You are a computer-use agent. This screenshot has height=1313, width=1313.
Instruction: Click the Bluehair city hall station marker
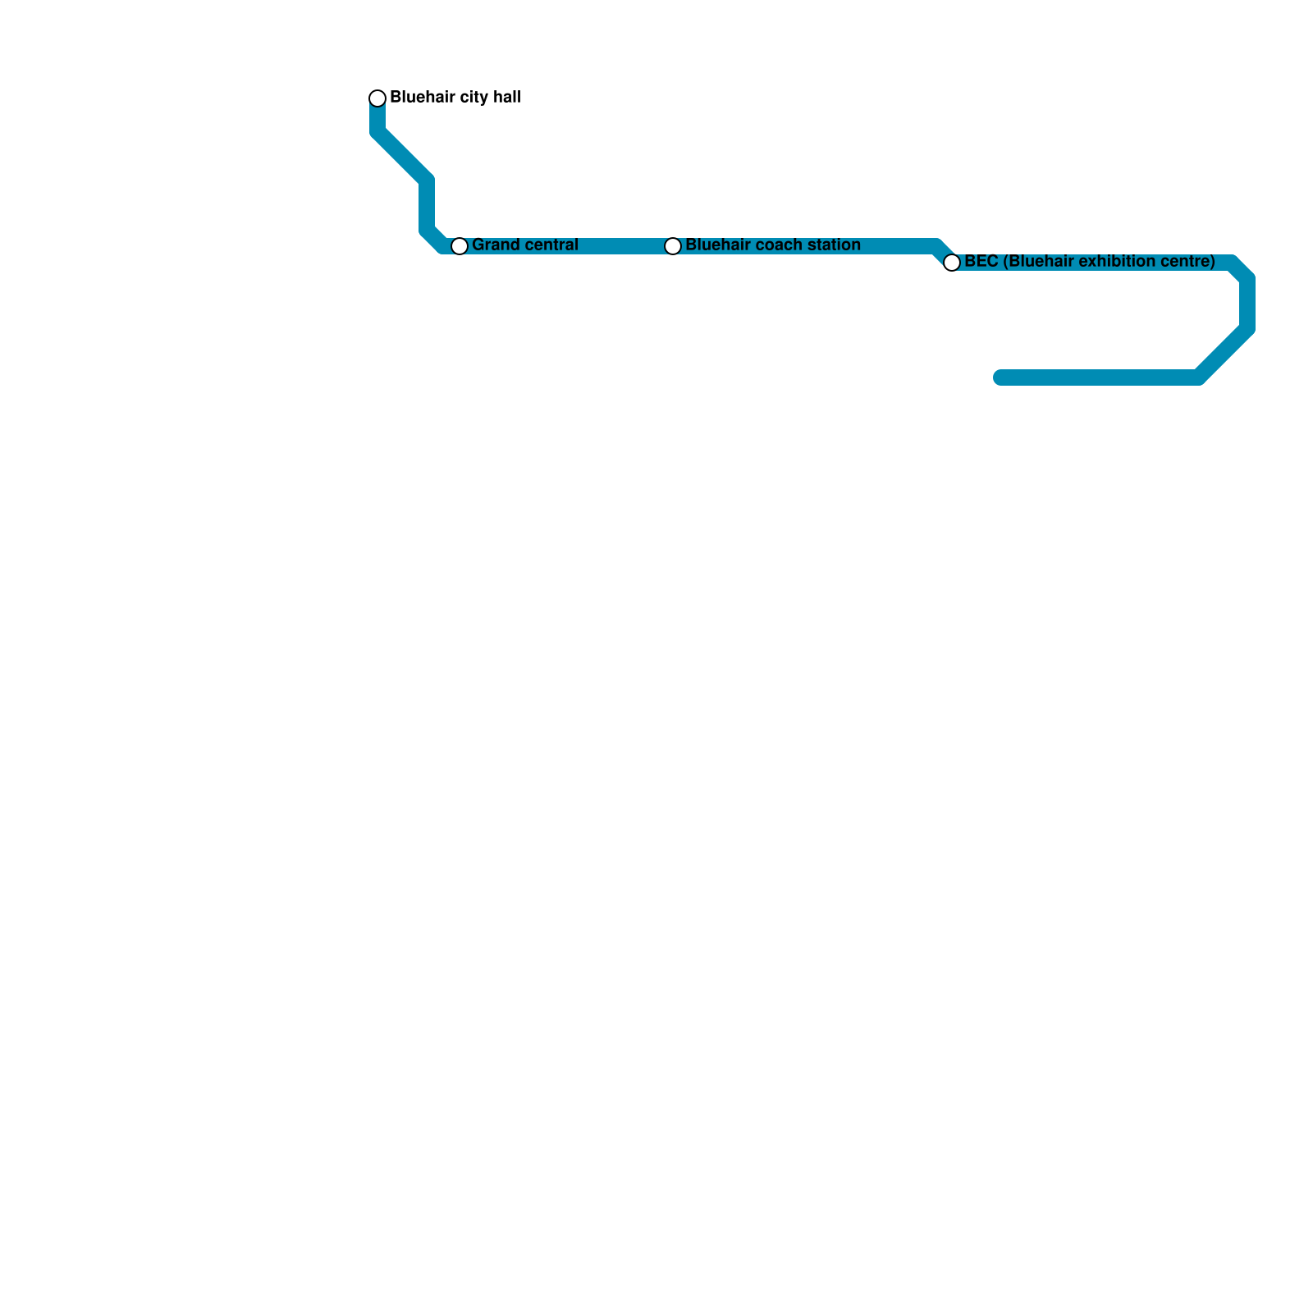(377, 98)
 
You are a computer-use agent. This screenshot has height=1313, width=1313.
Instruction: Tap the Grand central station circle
(460, 246)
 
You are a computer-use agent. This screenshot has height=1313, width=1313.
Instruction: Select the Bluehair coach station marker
(673, 246)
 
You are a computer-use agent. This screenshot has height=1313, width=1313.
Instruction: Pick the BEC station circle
(952, 263)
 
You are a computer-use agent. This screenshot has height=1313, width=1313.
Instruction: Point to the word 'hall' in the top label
(506, 98)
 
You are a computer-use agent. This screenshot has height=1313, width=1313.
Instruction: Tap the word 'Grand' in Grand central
(491, 245)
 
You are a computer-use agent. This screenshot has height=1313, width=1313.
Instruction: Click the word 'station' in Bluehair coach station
(833, 245)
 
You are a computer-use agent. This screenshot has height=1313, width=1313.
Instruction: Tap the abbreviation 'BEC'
(981, 262)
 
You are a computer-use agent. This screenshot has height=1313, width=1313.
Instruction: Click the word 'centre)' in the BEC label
(1188, 262)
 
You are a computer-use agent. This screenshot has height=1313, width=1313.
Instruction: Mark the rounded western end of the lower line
(1000, 377)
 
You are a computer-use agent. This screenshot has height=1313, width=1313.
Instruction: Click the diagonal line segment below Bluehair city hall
(402, 156)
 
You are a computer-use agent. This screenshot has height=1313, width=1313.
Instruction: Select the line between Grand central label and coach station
(624, 246)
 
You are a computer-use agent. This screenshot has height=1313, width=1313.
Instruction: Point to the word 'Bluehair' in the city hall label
(421, 98)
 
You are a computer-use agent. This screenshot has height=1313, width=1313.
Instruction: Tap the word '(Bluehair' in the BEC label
(1039, 262)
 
